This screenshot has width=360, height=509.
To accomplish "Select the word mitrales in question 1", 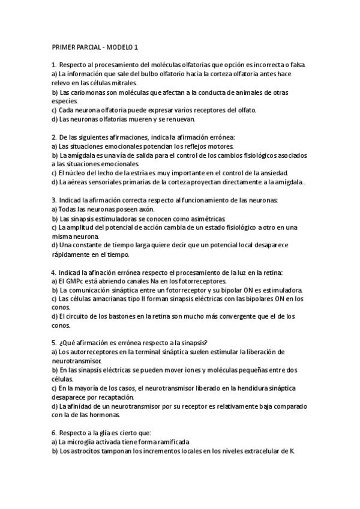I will tap(123, 83).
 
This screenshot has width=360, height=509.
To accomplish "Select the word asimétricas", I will tap(202, 218).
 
